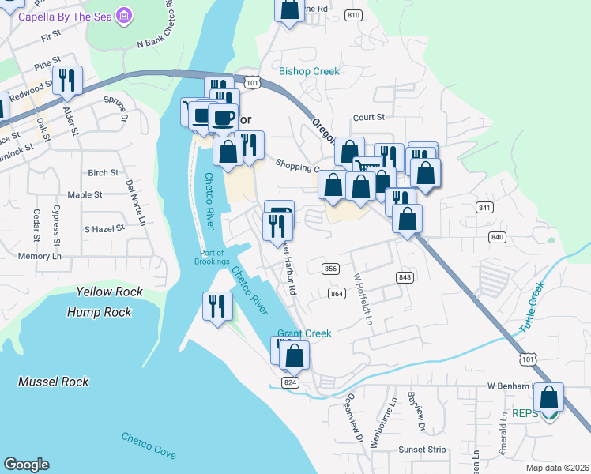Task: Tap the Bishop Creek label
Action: pyautogui.click(x=309, y=71)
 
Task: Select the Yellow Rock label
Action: pyautogui.click(x=110, y=292)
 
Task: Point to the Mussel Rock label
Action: pyautogui.click(x=54, y=382)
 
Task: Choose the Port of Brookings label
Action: pyautogui.click(x=209, y=257)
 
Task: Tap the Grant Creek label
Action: pyautogui.click(x=304, y=333)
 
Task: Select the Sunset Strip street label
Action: pyautogui.click(x=422, y=450)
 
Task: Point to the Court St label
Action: pyautogui.click(x=368, y=117)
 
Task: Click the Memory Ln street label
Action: pyautogui.click(x=40, y=257)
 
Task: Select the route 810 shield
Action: pyautogui.click(x=354, y=15)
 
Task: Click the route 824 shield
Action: pyautogui.click(x=290, y=382)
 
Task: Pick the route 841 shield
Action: pyautogui.click(x=485, y=207)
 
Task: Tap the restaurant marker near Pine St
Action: pyautogui.click(x=67, y=80)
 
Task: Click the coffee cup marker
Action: pyautogui.click(x=223, y=118)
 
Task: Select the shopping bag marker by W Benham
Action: pyautogui.click(x=549, y=397)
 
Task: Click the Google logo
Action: pyautogui.click(x=26, y=465)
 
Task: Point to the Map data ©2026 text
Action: pyautogui.click(x=557, y=468)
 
